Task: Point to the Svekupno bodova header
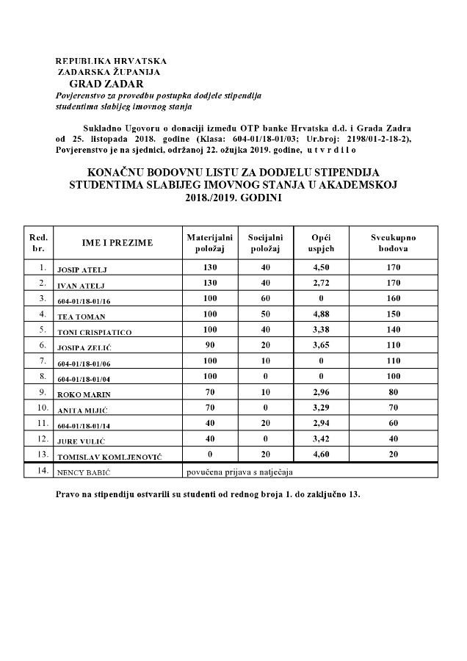point(393,243)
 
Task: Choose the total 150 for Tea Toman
point(393,316)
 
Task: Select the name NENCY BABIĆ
point(81,471)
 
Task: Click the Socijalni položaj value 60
point(265,300)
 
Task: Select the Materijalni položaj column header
point(209,243)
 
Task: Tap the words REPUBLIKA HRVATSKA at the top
point(111,61)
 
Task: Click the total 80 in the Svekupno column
point(393,393)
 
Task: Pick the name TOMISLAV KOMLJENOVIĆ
point(108,456)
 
